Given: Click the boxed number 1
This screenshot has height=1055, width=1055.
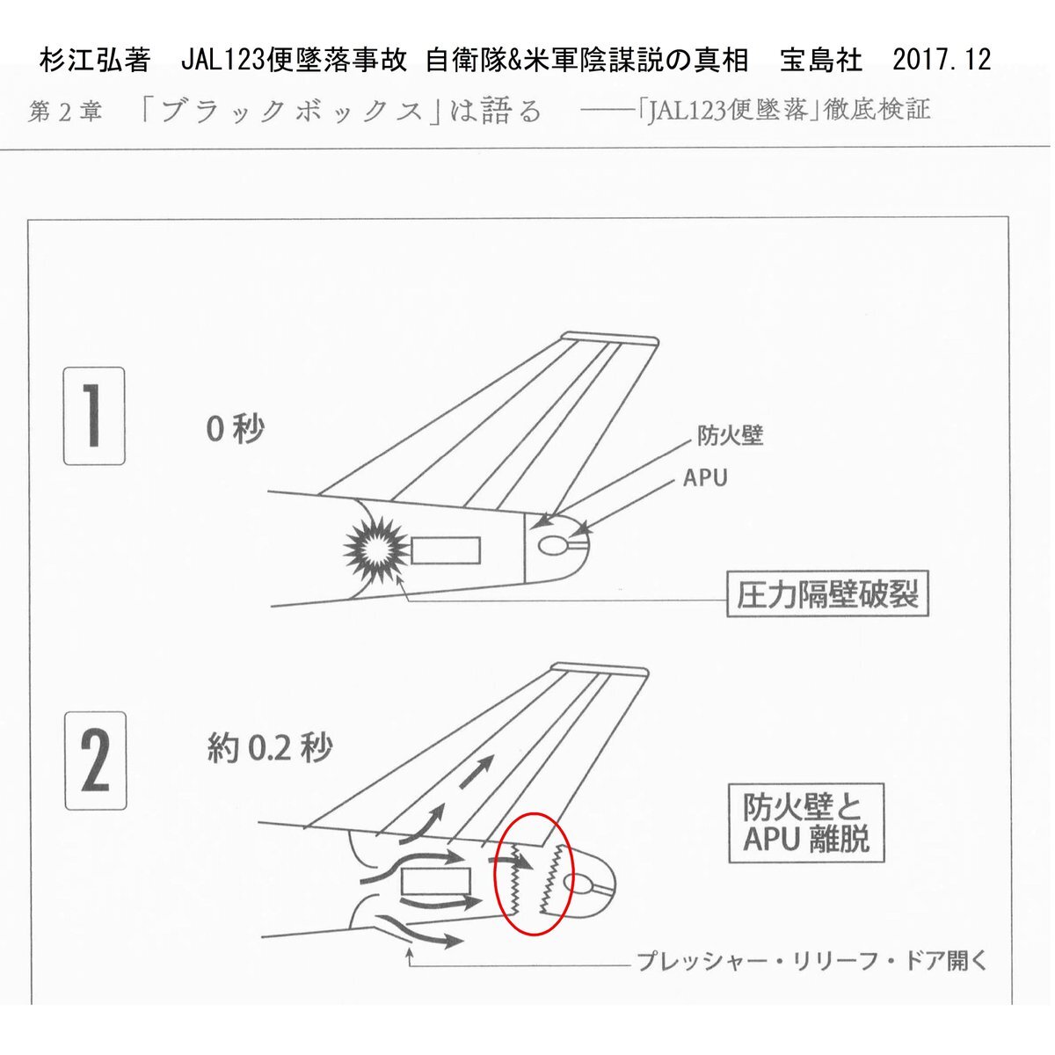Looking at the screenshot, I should (94, 416).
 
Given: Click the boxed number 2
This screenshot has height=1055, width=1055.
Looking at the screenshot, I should (95, 760).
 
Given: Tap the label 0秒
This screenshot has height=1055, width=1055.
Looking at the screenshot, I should (235, 429).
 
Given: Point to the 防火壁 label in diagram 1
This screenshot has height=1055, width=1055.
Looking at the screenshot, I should (730, 435).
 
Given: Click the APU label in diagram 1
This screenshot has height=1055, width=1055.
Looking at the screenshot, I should (705, 478).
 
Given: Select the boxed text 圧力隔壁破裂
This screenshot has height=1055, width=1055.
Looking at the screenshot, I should (827, 596).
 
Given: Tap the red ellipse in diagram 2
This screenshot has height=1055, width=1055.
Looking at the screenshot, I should (535, 875).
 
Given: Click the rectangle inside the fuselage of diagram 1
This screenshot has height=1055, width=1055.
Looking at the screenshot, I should (446, 550).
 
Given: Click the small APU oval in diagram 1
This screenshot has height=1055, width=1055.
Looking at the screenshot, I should (553, 546).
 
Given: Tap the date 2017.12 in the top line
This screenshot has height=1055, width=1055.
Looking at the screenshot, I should (941, 60).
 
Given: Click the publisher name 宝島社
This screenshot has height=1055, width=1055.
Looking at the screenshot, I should (821, 60).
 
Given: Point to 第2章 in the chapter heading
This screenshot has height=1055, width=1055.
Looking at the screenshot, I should (66, 112).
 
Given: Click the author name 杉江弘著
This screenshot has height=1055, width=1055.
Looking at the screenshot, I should (95, 60).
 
